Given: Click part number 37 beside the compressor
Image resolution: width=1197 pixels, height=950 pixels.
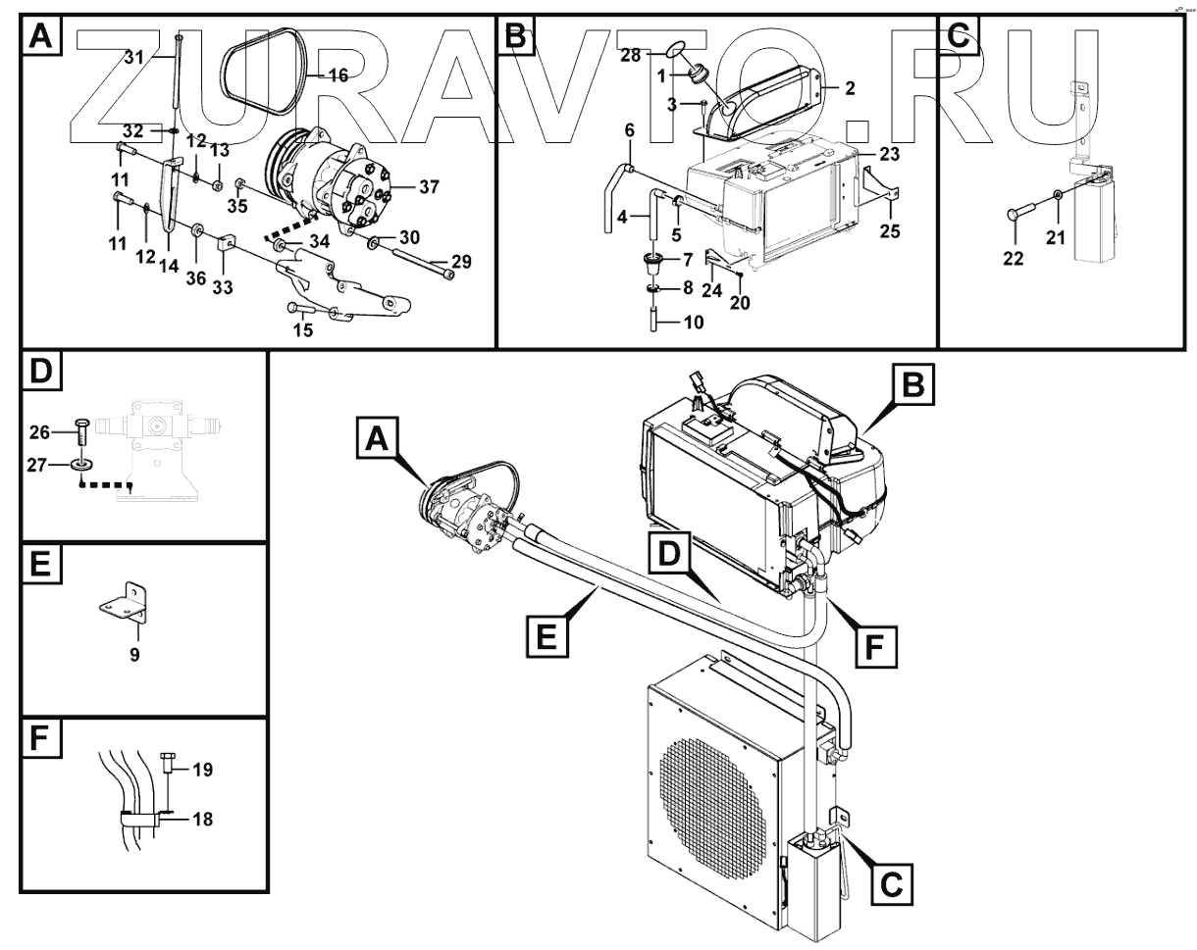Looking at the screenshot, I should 428,188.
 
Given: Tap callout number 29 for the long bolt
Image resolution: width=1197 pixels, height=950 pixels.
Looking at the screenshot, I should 461,262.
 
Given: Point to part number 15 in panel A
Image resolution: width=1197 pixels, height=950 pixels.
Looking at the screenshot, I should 303,329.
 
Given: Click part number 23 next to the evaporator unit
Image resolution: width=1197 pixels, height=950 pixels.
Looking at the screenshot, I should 889,154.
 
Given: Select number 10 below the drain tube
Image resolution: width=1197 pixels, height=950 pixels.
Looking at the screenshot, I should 693,322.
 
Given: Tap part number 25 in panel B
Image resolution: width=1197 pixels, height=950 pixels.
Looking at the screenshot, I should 889,231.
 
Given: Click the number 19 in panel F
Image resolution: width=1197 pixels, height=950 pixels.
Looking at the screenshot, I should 202,769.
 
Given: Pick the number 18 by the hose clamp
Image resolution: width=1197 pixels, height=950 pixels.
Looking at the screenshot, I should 202,819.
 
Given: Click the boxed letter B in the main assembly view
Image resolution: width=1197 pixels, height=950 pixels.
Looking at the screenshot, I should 911,386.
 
